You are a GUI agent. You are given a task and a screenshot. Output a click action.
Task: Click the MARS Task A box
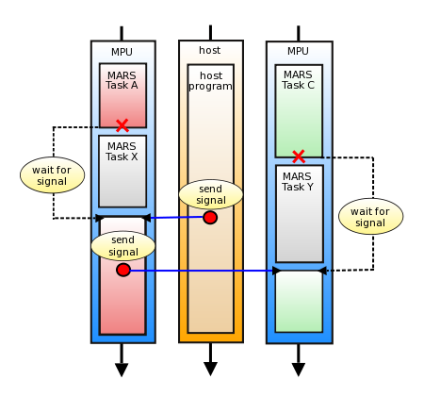(122, 94)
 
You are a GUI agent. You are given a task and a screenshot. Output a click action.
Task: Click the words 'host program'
(210, 80)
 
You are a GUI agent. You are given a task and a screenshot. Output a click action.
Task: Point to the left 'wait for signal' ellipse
(53, 175)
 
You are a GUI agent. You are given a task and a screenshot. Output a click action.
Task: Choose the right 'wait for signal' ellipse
(370, 217)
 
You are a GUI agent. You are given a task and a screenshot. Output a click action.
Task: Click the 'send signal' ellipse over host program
(211, 194)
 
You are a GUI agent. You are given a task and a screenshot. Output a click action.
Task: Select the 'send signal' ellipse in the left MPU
(122, 245)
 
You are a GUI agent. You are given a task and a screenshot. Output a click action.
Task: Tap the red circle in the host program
(210, 218)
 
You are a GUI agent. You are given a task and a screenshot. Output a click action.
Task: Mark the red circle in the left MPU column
(123, 270)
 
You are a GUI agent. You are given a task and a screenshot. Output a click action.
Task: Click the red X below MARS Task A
(122, 125)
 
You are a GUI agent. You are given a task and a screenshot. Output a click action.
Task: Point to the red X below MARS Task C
(298, 157)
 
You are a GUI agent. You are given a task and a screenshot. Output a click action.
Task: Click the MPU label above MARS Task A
(122, 52)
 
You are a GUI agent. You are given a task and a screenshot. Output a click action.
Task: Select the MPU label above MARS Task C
(298, 51)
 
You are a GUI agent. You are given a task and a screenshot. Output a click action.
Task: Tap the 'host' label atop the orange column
(210, 50)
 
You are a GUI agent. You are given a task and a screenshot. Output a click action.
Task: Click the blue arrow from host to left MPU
(174, 218)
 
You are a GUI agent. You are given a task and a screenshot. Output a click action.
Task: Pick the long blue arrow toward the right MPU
(203, 271)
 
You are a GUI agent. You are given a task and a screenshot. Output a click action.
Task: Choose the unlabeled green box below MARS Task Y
(299, 301)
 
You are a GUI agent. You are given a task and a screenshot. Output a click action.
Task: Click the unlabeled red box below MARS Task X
(122, 302)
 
